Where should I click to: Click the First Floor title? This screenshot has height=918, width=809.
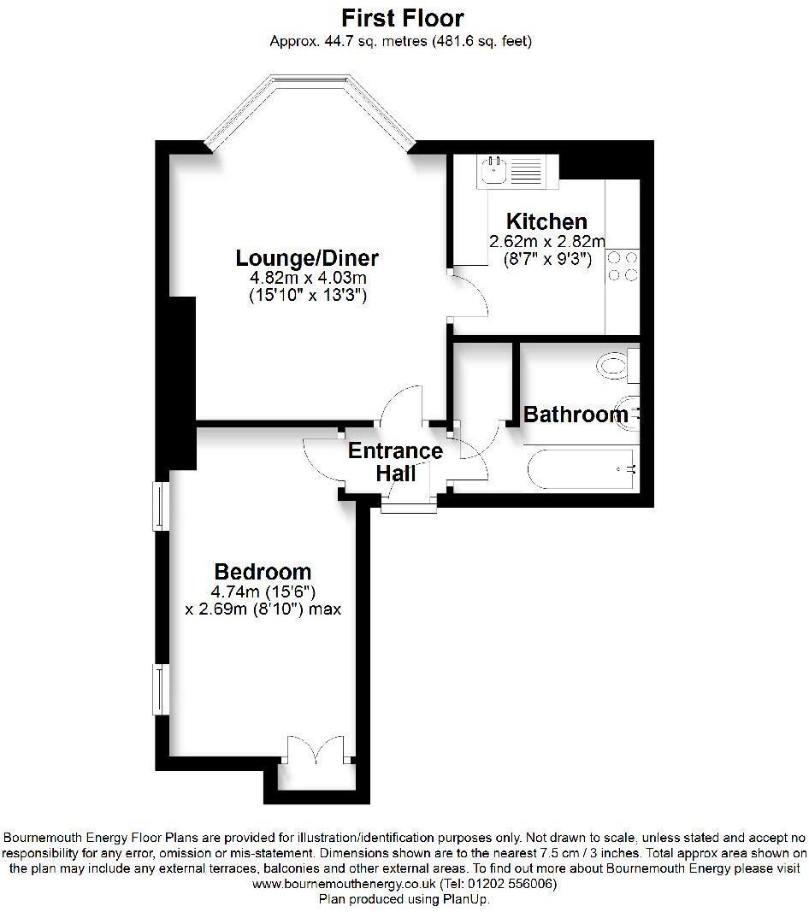[x=402, y=17]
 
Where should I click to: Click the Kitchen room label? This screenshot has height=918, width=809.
[x=546, y=222]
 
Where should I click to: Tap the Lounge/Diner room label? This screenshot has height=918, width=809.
[x=307, y=258]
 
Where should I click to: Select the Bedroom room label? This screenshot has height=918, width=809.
[x=263, y=572]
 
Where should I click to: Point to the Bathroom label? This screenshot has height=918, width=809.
[x=575, y=415]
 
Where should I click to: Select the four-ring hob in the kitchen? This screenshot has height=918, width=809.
[x=622, y=265]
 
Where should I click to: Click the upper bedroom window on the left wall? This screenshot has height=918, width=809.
[x=159, y=505]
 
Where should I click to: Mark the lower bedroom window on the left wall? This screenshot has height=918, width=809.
[x=159, y=689]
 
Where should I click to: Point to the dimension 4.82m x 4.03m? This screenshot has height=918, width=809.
[x=308, y=279]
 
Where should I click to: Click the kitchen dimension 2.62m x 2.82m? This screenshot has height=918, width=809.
[x=546, y=242]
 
